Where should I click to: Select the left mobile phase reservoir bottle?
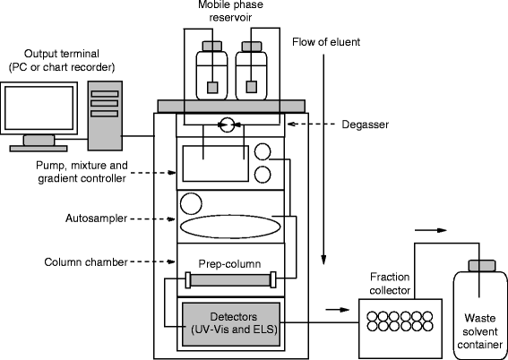(212, 72)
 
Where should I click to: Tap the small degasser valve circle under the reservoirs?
(228, 125)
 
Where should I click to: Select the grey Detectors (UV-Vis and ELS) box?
(231, 322)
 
